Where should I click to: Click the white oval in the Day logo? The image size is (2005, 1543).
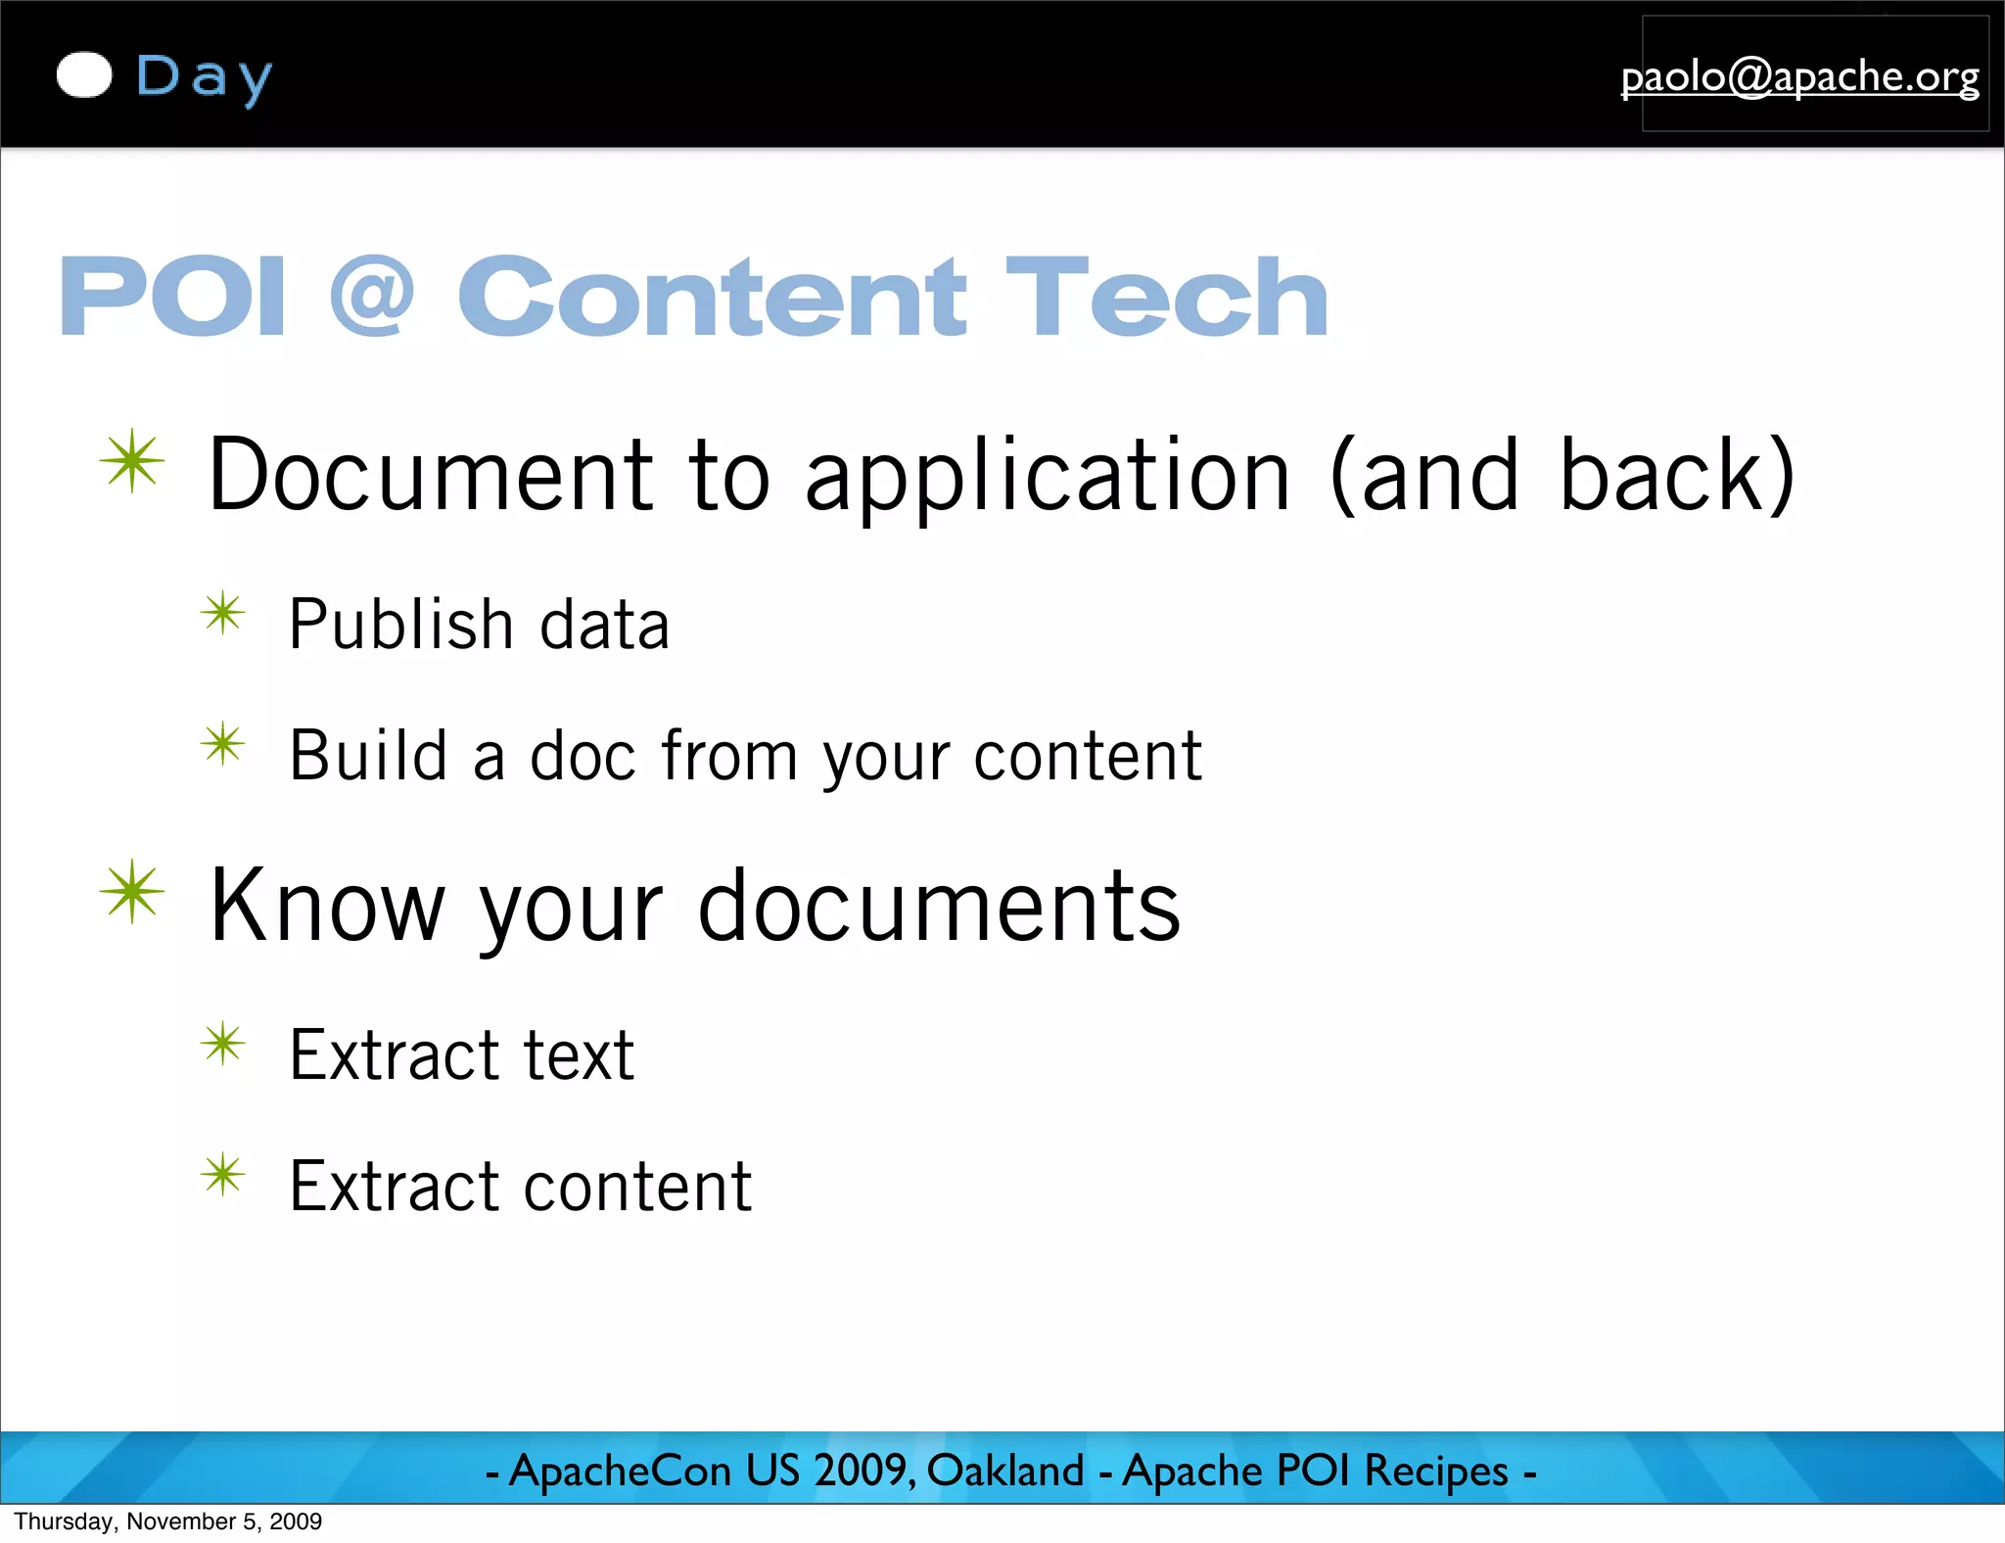[84, 75]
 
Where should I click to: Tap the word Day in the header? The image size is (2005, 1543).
[204, 78]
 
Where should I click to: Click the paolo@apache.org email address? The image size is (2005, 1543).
[1799, 76]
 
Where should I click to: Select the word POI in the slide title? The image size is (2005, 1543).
[172, 297]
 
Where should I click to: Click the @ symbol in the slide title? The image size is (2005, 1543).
[372, 297]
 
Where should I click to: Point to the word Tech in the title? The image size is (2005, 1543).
[1166, 297]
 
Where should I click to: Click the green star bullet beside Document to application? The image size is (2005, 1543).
[132, 461]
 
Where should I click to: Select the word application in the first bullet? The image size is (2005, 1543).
[1047, 477]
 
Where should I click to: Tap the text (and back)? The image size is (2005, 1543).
[1562, 477]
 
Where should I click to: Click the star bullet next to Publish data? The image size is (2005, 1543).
[223, 614]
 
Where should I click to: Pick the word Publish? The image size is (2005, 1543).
[400, 625]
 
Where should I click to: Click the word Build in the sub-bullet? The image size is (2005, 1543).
[368, 756]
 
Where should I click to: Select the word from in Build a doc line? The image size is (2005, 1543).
[729, 756]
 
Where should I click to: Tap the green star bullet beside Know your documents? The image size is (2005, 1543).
[132, 892]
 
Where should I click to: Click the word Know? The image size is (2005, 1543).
[327, 908]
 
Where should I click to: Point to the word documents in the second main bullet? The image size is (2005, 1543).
[939, 908]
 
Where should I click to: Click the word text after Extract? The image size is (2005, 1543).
[579, 1055]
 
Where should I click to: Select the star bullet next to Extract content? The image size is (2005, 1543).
[223, 1175]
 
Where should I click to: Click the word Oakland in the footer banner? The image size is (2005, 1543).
[1005, 1471]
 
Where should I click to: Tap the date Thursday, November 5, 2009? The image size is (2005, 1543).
[167, 1521]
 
